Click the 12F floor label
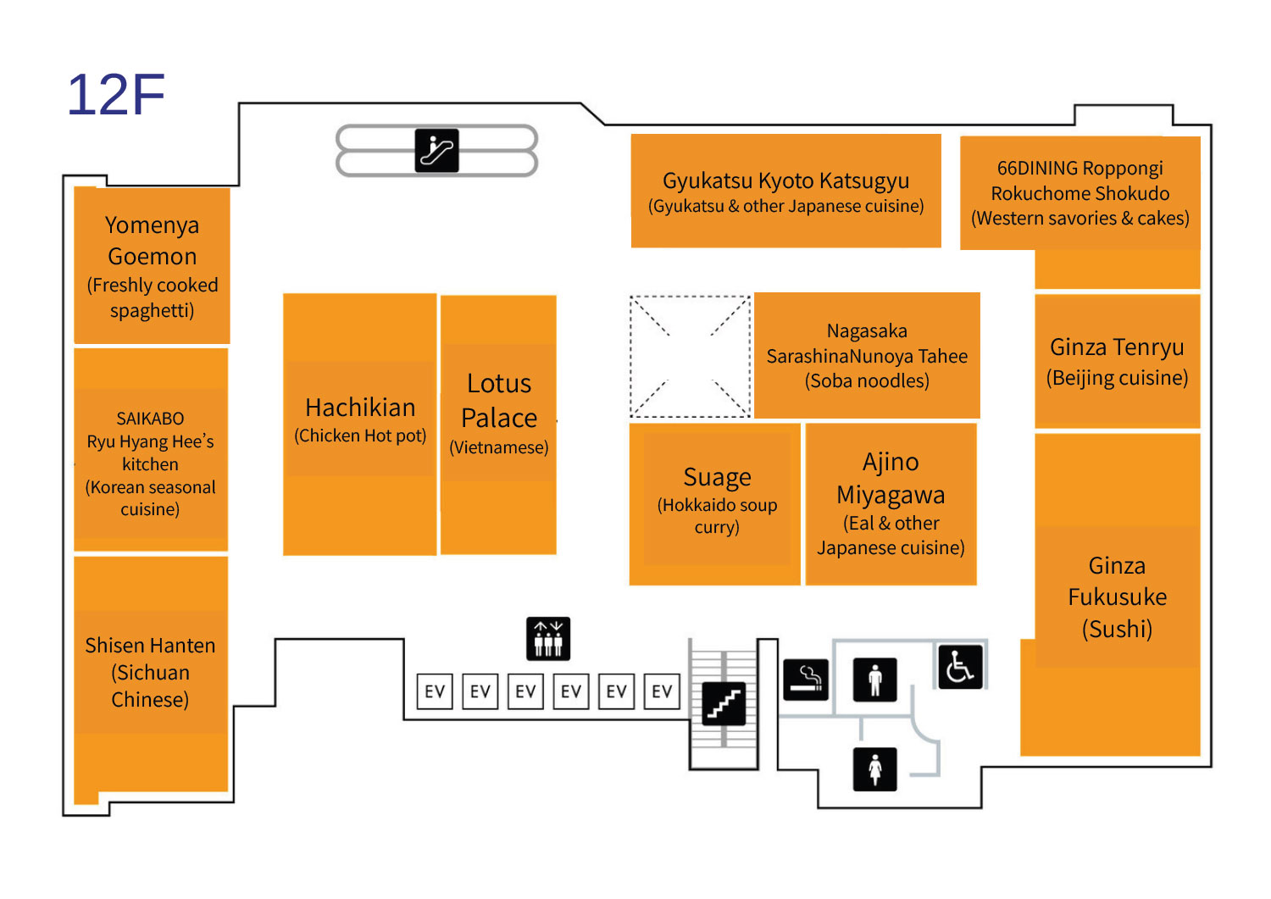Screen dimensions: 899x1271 (116, 94)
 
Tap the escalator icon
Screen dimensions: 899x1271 (436, 151)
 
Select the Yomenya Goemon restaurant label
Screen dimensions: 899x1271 (153, 266)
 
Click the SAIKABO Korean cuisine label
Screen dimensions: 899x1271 (151, 463)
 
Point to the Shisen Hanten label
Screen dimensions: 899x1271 (151, 672)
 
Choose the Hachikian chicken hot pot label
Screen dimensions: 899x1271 (360, 419)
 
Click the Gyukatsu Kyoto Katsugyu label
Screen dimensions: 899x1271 (785, 191)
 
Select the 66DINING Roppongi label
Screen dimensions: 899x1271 (1080, 193)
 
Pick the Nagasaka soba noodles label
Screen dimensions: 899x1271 (867, 356)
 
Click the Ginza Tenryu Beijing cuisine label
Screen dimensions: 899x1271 (1117, 361)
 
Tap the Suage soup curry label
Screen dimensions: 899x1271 (717, 501)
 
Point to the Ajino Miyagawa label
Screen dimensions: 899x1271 (891, 503)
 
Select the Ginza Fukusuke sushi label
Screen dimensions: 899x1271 (1117, 597)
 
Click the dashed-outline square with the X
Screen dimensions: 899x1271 (690, 357)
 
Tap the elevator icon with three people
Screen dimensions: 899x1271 (548, 639)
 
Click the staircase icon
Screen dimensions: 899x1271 (724, 702)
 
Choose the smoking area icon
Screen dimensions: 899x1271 (805, 680)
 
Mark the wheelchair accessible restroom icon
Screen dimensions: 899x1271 (960, 666)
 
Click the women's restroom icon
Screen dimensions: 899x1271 (875, 769)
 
